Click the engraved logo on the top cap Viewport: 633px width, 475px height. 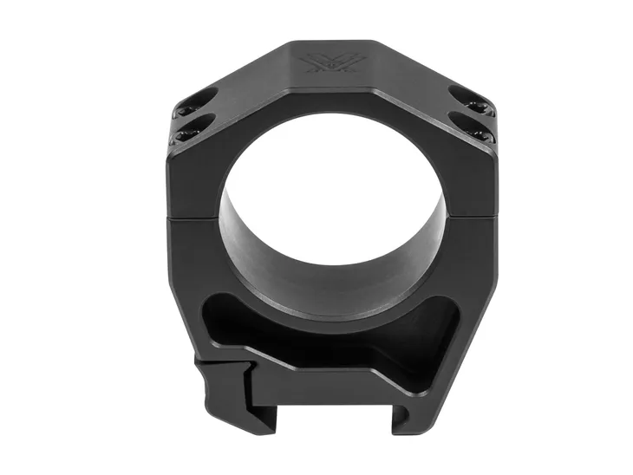[x=317, y=63]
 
